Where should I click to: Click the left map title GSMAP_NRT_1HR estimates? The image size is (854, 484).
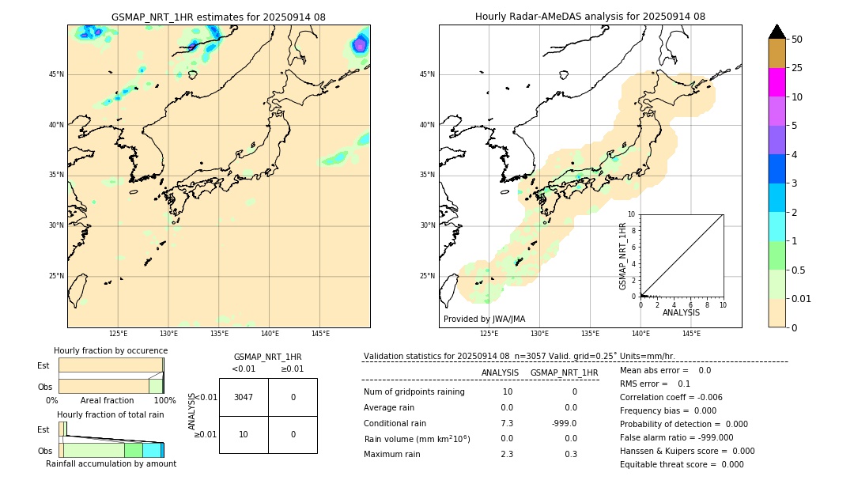218,17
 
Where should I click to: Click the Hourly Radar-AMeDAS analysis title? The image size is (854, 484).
590,17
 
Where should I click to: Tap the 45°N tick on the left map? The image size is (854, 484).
56,74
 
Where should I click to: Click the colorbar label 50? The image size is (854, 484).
797,40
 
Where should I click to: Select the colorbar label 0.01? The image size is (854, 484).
802,298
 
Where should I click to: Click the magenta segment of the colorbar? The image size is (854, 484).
777,82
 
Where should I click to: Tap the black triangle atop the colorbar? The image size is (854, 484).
777,32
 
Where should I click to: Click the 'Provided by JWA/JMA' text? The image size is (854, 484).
484,319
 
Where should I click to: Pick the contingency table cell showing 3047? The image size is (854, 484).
244,397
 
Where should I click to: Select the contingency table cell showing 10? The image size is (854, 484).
244,434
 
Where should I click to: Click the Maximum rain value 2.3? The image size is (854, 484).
507,454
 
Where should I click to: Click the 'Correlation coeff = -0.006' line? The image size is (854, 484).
671,397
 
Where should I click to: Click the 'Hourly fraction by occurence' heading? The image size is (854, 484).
111,350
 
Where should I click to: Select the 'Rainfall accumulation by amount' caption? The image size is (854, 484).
111,463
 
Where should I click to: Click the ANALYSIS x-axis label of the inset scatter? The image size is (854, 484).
681,312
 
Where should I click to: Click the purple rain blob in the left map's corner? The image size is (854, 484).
360,44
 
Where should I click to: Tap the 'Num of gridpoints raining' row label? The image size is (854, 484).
414,391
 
